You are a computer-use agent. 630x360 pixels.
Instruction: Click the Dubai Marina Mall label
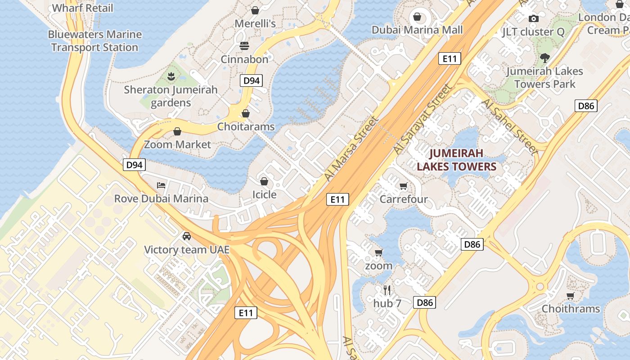click(417, 30)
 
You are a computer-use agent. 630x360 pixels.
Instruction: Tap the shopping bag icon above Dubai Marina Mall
click(417, 17)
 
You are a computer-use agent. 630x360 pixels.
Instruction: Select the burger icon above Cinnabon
click(244, 46)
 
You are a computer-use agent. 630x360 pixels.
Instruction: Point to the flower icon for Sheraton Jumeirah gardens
click(171, 76)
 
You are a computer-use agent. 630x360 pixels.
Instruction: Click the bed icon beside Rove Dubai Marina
click(161, 185)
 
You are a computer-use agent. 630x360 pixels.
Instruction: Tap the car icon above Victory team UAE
click(186, 236)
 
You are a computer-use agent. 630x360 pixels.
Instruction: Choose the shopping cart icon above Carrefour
click(404, 186)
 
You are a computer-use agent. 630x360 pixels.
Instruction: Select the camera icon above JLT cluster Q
click(534, 18)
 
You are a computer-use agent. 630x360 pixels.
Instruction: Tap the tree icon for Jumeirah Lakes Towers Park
click(545, 58)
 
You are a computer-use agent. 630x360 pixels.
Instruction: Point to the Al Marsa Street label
click(351, 149)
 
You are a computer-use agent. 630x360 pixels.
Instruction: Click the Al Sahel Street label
click(509, 127)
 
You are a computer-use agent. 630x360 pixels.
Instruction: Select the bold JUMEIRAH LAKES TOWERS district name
click(456, 160)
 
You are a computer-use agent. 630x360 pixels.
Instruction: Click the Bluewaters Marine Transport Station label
click(94, 41)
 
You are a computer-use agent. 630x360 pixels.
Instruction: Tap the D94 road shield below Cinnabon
click(251, 81)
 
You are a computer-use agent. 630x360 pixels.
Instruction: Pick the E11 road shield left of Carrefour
click(337, 199)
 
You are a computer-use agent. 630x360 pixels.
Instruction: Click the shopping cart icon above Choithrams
click(571, 296)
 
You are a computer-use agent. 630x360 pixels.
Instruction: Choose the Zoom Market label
click(177, 144)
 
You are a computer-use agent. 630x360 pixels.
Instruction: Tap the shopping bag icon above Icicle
click(264, 181)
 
